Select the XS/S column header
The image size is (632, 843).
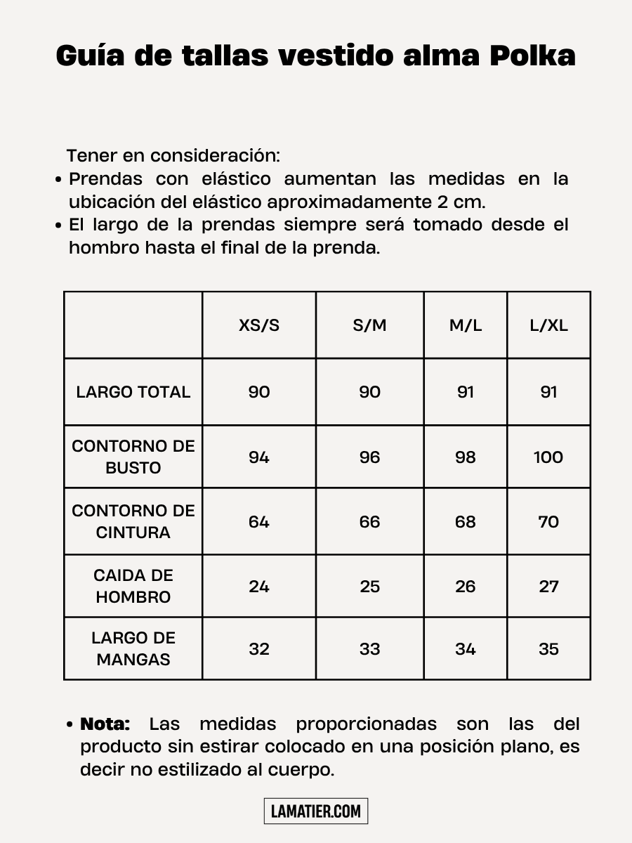(x=259, y=326)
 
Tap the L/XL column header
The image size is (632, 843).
(x=548, y=326)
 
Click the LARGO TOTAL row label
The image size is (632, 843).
(x=133, y=392)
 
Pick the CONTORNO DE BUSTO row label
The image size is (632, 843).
(x=133, y=457)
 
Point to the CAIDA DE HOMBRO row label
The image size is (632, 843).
(x=133, y=586)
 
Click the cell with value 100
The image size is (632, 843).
(x=548, y=457)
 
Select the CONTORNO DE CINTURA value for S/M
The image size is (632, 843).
(x=369, y=522)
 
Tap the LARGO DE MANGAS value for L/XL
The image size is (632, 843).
(x=548, y=649)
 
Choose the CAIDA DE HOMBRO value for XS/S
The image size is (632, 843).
(x=259, y=587)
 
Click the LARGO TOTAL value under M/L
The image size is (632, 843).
(x=466, y=392)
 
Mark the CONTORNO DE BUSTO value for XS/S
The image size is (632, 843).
(x=259, y=457)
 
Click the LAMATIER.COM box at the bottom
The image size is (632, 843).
(x=316, y=811)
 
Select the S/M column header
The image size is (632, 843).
(x=369, y=326)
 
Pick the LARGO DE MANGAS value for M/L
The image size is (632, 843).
(x=466, y=649)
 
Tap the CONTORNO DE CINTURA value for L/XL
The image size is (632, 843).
(x=548, y=522)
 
